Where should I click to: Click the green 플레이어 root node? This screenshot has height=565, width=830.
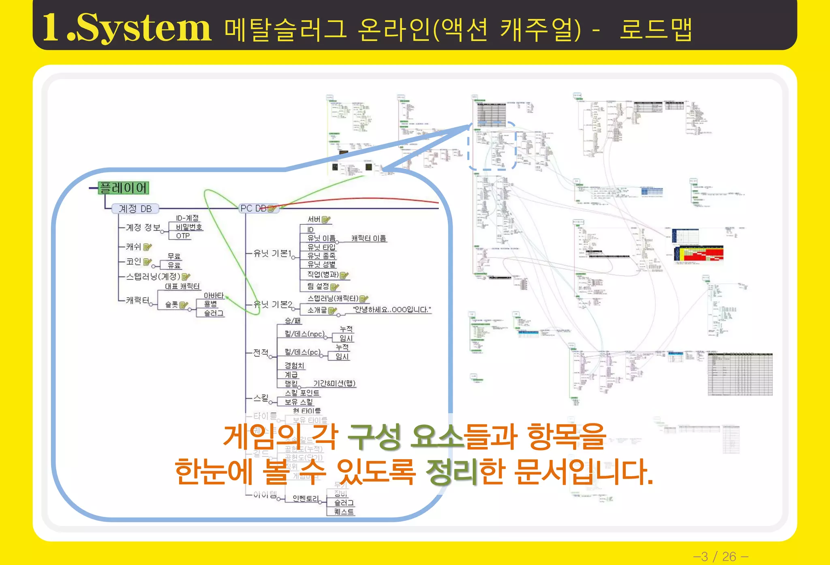pos(124,188)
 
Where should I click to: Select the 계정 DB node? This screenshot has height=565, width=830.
pos(135,208)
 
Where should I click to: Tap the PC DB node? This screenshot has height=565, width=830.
pos(254,208)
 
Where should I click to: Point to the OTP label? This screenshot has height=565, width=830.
pos(183,236)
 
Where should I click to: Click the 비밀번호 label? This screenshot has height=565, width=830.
pos(189,227)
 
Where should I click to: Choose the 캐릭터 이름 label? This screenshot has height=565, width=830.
pos(368,238)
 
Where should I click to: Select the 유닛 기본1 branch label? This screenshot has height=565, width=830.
pos(272,253)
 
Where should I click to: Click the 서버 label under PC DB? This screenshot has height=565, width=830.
pos(314,219)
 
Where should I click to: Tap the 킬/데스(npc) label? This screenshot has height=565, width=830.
pos(304,334)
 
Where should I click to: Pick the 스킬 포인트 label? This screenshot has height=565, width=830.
pos(302,393)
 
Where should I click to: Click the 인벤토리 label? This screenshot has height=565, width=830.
pos(306,498)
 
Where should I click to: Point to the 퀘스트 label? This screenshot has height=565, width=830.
pos(344,511)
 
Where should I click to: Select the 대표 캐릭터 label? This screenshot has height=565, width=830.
pos(182,286)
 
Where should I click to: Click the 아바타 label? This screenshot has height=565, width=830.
pos(214,295)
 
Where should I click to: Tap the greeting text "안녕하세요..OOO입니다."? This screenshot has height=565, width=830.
pos(392,309)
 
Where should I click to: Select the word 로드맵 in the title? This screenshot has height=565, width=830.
pos(655,30)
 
